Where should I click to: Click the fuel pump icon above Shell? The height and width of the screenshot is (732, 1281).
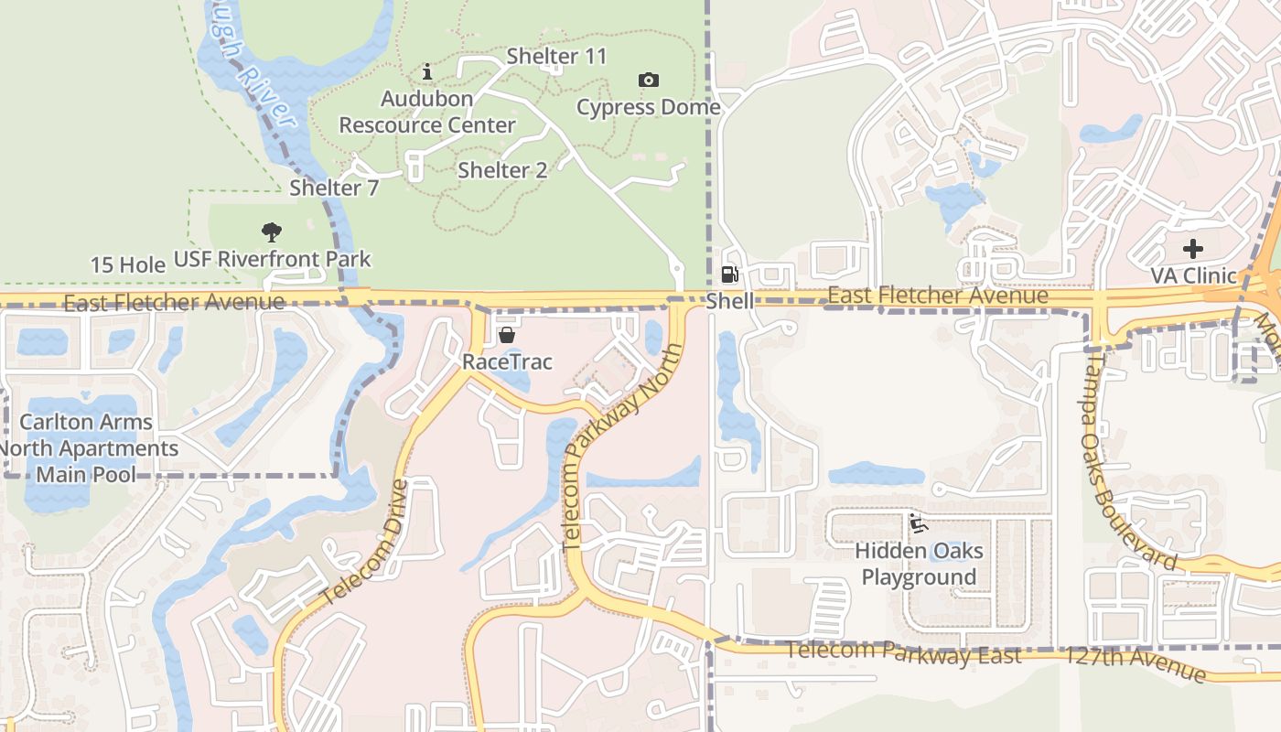coord(729,274)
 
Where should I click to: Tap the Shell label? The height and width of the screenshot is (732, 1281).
coord(730,301)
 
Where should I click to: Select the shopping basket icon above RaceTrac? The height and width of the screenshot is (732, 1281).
coord(506,336)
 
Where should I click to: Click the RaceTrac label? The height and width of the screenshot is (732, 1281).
coord(507,361)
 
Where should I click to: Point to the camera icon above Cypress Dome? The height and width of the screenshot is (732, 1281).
coord(649,81)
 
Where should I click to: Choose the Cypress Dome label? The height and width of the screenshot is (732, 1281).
coord(648,107)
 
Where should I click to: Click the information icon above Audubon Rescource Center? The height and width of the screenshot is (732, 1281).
coord(427,71)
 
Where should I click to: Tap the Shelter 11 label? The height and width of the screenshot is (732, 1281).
coord(556,56)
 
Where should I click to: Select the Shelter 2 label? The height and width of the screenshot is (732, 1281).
coord(502,170)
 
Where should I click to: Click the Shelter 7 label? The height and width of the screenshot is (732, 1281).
coord(334,188)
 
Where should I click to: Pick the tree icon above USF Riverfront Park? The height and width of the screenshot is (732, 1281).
coord(272,232)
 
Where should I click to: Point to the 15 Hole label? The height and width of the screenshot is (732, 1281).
coord(128,265)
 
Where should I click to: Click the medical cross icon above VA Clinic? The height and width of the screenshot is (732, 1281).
coord(1192,249)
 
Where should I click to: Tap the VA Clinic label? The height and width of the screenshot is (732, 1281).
coord(1192,275)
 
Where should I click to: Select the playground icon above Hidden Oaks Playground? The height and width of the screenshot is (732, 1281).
coord(918,524)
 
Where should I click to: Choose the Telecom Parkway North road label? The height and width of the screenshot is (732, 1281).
coord(622,447)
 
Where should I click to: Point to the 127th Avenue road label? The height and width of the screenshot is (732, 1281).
coord(1136,662)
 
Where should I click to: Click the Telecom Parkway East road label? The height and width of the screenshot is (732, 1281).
coord(904,654)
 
